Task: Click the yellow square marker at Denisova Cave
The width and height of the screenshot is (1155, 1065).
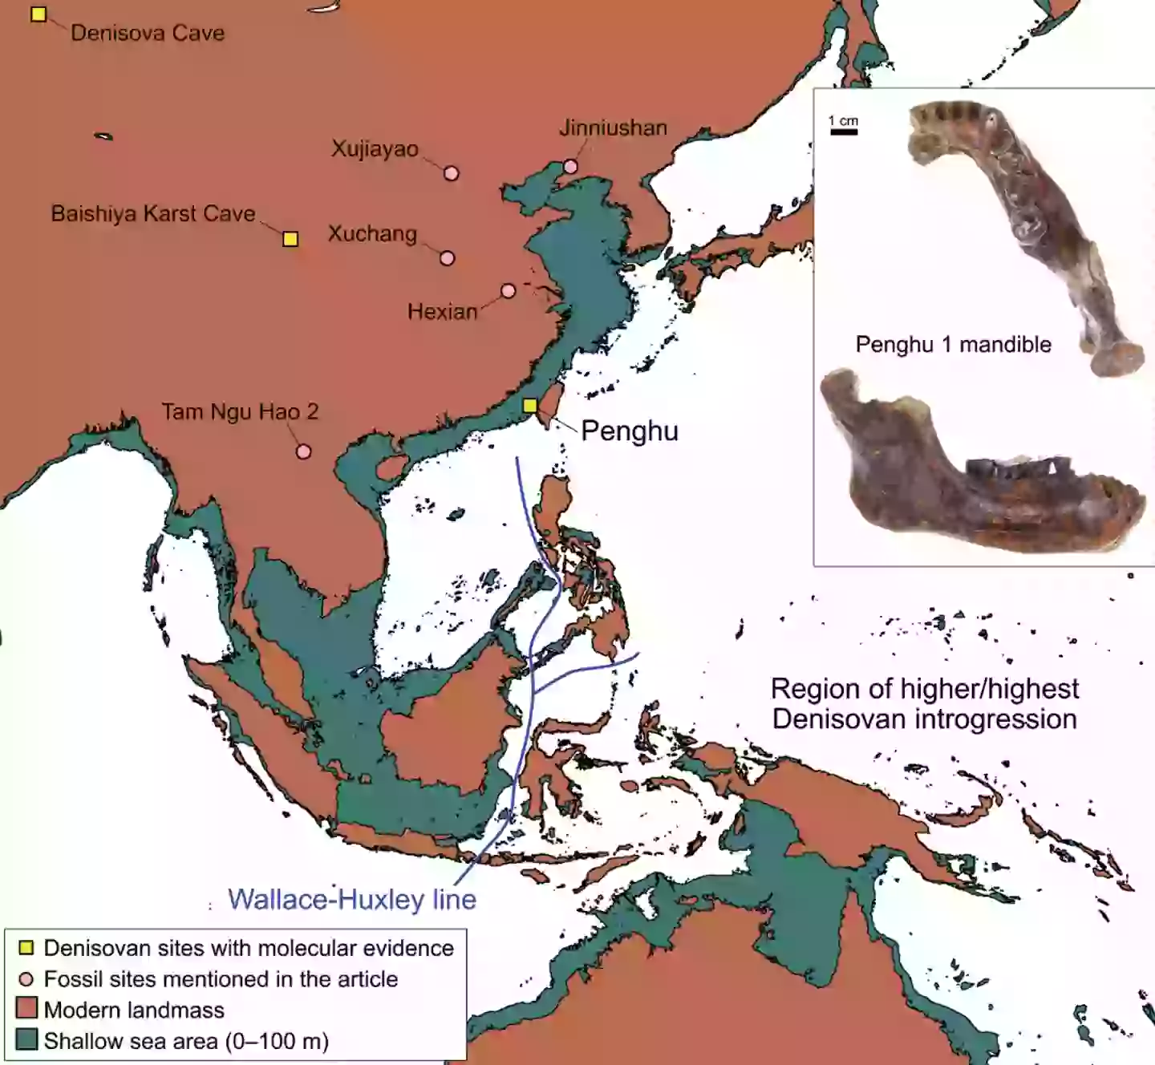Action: (38, 14)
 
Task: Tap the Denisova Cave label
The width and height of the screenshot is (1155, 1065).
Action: (148, 33)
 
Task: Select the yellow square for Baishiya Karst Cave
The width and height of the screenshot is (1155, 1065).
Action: (290, 239)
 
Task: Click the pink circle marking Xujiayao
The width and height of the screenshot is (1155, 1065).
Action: (452, 173)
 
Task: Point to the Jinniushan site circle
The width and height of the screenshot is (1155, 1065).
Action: (570, 167)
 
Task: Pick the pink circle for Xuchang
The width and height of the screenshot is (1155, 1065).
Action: (448, 258)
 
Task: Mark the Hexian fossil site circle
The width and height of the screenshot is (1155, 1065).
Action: (508, 290)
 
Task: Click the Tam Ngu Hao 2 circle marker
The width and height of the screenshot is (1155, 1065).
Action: (303, 452)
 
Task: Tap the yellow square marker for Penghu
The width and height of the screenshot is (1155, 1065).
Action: (530, 406)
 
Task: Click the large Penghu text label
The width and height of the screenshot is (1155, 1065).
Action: (630, 431)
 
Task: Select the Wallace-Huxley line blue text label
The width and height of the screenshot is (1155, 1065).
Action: (352, 899)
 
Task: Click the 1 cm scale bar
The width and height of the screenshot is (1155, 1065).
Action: (844, 131)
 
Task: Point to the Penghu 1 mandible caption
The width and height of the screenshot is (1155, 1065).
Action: (953, 345)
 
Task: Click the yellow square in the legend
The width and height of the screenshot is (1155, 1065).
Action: (26, 948)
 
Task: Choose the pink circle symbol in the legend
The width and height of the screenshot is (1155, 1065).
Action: (26, 979)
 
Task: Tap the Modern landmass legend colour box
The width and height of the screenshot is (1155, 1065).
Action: (26, 1009)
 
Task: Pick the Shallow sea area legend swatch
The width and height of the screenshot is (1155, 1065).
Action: (26, 1040)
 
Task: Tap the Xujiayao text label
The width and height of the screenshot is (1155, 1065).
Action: (375, 149)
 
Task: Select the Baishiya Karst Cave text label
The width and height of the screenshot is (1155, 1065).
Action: (153, 214)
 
